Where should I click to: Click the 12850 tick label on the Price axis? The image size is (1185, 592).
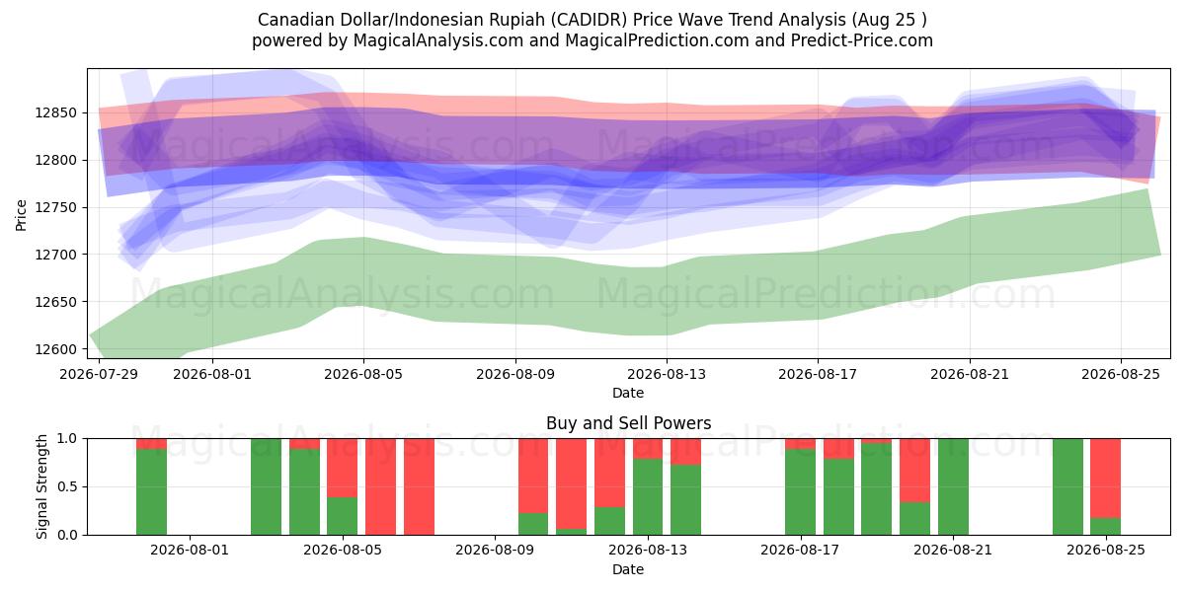55,113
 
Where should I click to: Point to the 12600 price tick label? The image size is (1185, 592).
55,349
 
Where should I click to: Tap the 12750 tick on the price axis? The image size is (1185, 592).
55,208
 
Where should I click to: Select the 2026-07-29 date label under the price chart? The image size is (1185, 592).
99,374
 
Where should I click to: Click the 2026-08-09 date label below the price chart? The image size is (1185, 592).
515,374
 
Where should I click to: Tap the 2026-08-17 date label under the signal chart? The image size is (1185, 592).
800,550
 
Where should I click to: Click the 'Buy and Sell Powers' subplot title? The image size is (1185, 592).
628,423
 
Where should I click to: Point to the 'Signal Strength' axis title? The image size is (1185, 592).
41,486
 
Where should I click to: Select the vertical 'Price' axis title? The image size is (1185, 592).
21,216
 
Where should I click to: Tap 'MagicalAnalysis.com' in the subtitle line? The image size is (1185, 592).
438,40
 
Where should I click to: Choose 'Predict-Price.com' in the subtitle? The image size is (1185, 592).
862,40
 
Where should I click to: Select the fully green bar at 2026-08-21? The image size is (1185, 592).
953,486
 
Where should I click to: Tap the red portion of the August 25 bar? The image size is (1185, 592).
1106,479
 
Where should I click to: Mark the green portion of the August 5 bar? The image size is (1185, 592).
343,516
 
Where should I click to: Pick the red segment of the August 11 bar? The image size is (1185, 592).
572,483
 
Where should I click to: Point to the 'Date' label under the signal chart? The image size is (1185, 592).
628,569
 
